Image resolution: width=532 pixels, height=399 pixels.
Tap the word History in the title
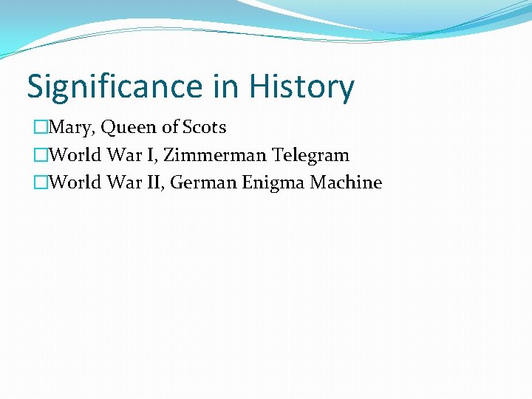(301, 87)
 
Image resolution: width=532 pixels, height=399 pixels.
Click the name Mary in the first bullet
(72, 128)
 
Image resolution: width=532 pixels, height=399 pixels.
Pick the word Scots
(204, 128)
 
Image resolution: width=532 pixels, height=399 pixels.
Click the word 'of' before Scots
(171, 128)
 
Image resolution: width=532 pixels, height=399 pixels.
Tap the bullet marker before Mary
(41, 128)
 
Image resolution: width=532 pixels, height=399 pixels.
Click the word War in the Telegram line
(129, 155)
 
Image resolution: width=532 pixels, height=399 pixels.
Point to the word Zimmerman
(214, 155)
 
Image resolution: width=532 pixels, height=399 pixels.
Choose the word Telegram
(311, 155)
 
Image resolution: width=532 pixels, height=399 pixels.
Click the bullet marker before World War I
(41, 155)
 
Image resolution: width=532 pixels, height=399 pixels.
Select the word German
(203, 183)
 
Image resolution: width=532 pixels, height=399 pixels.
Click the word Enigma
(274, 183)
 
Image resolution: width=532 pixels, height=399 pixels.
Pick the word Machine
(346, 183)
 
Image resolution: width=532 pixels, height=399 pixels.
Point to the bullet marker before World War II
(41, 183)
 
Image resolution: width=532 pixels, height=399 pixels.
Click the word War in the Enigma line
(129, 183)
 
